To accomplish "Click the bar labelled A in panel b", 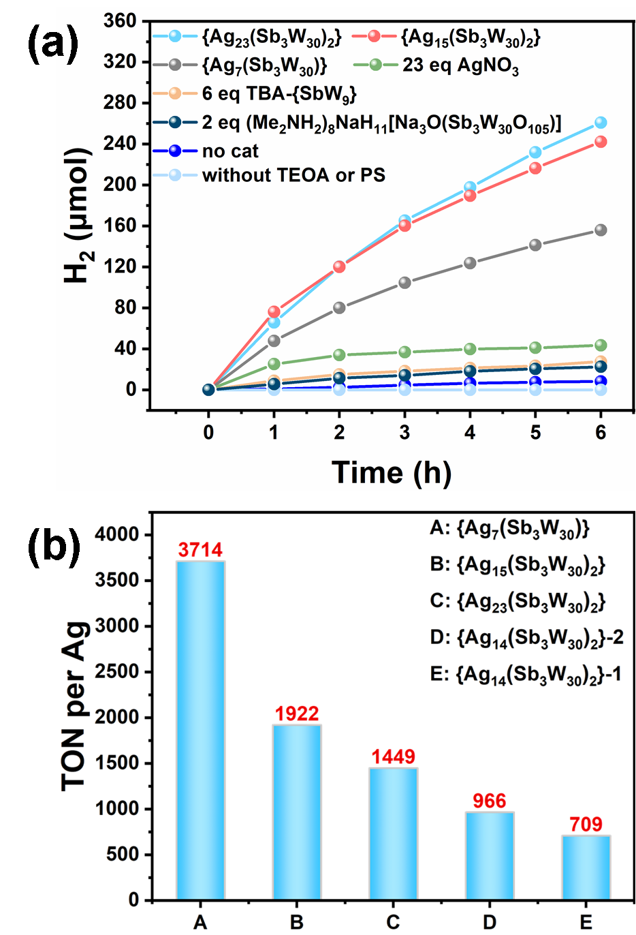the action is [201, 730].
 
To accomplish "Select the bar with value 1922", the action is [297, 812].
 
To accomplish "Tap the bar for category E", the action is [586, 867].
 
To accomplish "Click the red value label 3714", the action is [200, 550].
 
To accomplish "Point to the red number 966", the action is [489, 801].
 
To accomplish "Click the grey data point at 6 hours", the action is [601, 230].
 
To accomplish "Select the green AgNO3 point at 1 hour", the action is [274, 364].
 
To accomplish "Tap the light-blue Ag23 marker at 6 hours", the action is [601, 122].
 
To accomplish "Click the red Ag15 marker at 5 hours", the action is [535, 168].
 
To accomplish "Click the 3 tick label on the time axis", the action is [404, 433].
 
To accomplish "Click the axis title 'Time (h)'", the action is [392, 472].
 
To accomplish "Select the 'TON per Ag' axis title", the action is [75, 706].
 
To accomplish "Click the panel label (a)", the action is [53, 44].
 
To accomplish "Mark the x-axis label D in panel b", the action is [489, 922].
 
